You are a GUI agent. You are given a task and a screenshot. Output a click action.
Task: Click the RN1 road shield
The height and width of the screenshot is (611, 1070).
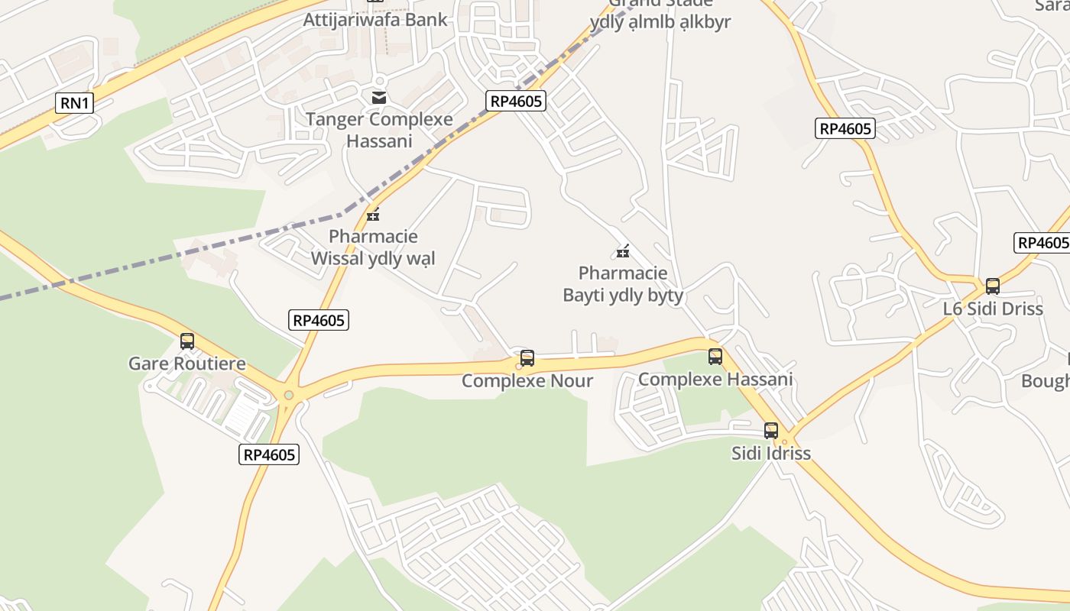(x=75, y=103)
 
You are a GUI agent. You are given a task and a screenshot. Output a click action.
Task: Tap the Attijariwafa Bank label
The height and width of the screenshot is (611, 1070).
(x=374, y=20)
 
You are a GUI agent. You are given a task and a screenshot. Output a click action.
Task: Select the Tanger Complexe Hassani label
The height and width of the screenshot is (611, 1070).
(x=379, y=130)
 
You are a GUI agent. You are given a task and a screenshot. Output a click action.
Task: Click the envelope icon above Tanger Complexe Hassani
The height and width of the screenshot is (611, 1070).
(x=378, y=97)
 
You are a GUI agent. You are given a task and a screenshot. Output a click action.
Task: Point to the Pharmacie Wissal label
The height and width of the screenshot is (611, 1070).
(x=373, y=247)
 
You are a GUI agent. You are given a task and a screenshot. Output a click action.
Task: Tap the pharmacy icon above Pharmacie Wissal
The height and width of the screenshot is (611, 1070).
(x=373, y=215)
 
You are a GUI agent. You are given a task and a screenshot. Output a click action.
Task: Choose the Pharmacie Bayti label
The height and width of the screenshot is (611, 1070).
(x=623, y=284)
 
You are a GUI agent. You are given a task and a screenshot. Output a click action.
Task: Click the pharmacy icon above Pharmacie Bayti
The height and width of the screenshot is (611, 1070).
(x=623, y=251)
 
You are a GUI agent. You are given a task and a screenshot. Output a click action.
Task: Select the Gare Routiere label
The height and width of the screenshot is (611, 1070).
(x=187, y=364)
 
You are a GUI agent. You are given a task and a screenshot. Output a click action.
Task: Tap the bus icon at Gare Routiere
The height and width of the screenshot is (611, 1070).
(x=187, y=341)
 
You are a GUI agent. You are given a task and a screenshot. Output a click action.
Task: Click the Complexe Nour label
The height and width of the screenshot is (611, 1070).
(x=527, y=380)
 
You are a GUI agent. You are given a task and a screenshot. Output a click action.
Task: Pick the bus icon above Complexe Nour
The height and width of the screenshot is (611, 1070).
(x=527, y=357)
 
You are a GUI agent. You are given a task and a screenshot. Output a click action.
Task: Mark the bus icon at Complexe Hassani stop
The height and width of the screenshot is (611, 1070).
(x=715, y=356)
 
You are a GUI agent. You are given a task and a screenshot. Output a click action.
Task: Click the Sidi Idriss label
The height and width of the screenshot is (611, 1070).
(x=770, y=454)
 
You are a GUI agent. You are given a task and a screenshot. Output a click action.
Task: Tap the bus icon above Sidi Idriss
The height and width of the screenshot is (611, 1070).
(x=771, y=431)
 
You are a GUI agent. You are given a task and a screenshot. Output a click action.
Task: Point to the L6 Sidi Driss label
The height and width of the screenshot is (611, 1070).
(x=993, y=309)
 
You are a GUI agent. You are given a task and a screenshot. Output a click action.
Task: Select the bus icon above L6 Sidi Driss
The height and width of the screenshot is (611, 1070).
(x=993, y=286)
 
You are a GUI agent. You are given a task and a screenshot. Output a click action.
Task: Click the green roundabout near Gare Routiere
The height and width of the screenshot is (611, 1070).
(x=288, y=395)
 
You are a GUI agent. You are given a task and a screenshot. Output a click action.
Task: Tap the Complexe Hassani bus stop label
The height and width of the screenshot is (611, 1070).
(x=715, y=379)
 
